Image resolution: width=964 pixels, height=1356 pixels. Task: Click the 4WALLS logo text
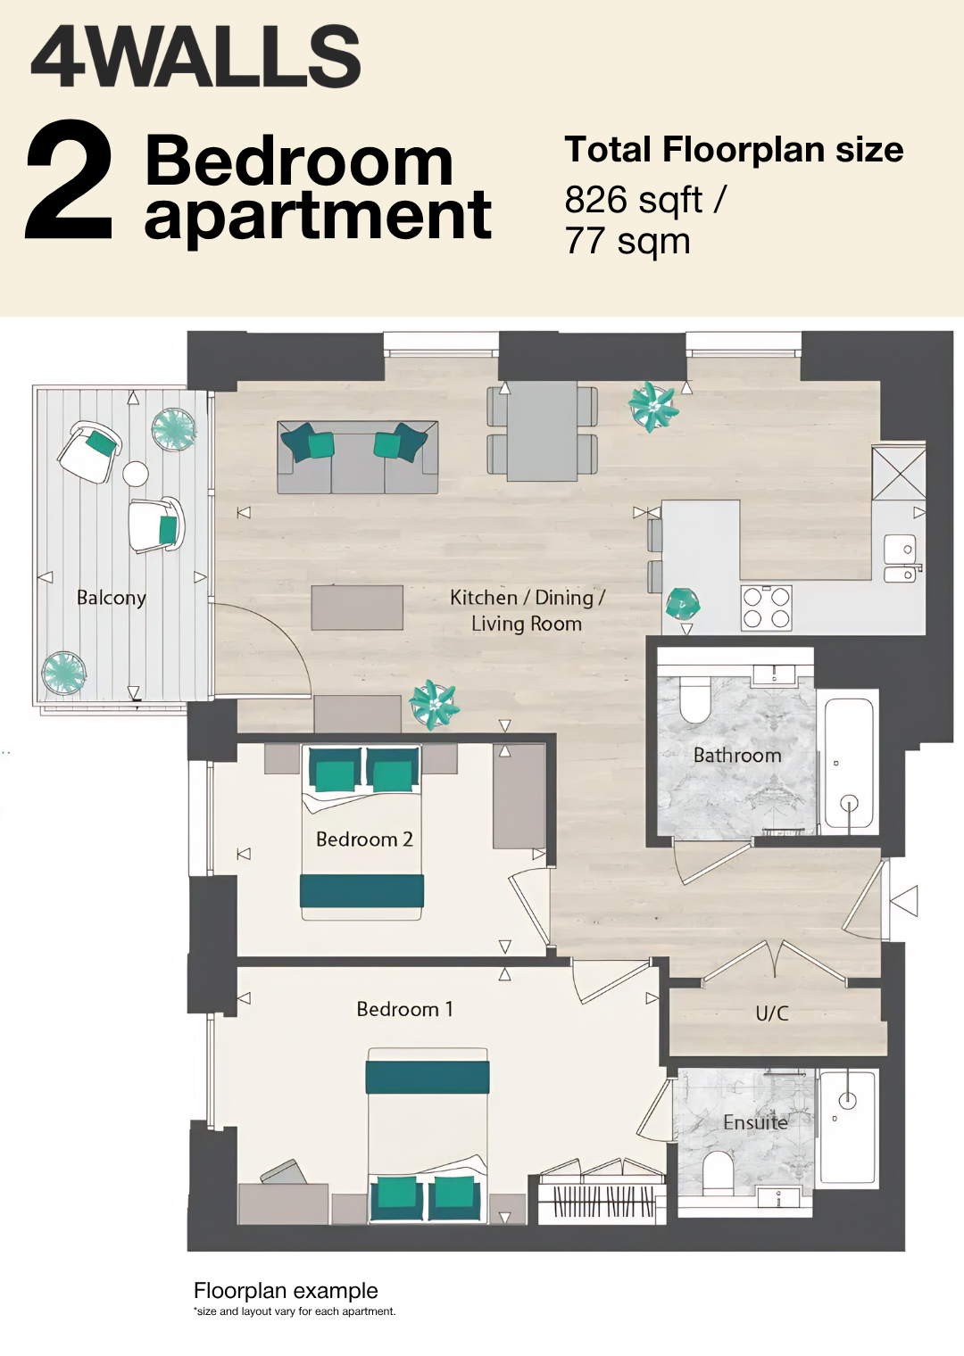[x=195, y=57]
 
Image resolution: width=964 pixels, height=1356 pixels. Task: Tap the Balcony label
[x=112, y=598]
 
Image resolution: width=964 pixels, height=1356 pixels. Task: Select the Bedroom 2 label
[x=364, y=839]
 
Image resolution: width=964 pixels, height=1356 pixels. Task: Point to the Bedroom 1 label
[x=404, y=1008]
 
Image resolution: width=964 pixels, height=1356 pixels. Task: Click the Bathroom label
[x=737, y=755]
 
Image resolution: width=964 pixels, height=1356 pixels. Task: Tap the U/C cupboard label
[x=772, y=1013]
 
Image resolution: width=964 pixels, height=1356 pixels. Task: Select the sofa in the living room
[x=357, y=457]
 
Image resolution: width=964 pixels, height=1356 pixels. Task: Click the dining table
[x=542, y=430]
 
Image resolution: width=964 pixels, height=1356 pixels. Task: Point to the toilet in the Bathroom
[x=694, y=699]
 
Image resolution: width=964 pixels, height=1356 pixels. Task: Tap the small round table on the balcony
[x=135, y=474]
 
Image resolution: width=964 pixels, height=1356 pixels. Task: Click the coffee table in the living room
[x=357, y=608]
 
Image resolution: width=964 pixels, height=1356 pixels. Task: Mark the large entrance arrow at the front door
[x=905, y=900]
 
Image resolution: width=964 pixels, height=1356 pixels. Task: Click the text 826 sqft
[x=634, y=200]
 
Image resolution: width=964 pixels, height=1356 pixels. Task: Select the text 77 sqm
[x=627, y=241]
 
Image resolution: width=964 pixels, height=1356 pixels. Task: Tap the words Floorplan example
[x=286, y=1291]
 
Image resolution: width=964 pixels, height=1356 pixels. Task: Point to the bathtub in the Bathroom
[x=848, y=764]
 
